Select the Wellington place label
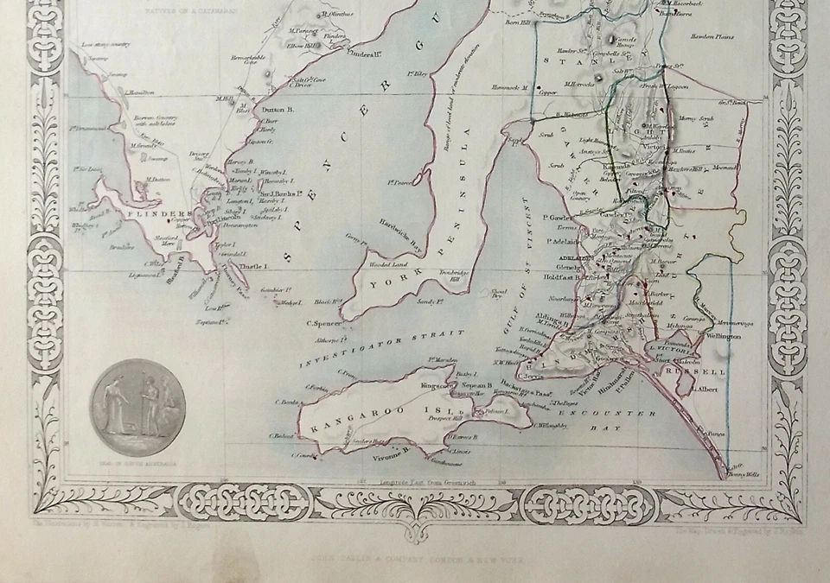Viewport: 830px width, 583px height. (724, 335)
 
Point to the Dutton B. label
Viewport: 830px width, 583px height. (278, 110)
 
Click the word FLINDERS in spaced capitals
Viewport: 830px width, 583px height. (157, 213)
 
